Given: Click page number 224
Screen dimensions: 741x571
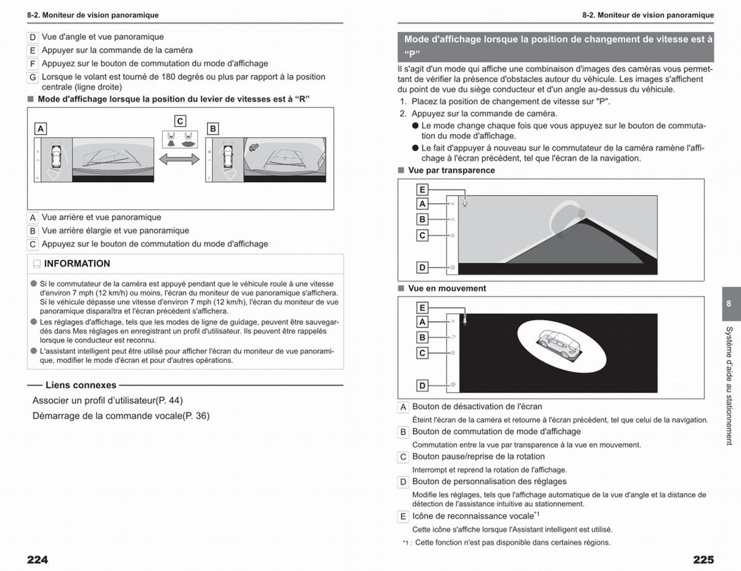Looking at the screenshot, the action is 38,559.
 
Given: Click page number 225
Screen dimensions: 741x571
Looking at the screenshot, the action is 703,559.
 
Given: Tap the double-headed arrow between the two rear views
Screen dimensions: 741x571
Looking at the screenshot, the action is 179,159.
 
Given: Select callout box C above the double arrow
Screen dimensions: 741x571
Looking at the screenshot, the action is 180,121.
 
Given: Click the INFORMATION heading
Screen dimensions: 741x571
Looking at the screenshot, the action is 77,264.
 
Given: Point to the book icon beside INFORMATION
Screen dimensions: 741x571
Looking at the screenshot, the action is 37,264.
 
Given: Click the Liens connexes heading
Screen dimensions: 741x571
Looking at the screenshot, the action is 81,385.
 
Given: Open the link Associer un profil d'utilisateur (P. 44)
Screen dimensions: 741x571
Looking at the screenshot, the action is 107,400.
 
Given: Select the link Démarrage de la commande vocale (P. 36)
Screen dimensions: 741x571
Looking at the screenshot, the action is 121,416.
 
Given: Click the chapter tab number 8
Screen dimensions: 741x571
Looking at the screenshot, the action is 729,303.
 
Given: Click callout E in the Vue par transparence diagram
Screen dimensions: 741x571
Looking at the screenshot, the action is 422,190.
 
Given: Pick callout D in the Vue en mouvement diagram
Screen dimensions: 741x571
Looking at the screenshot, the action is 422,386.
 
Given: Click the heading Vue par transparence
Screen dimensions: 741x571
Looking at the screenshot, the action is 451,170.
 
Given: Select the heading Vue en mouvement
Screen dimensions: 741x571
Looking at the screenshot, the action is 447,288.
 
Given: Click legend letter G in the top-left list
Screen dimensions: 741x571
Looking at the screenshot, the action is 33,77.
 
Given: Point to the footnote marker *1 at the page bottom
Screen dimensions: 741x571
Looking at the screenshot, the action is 407,543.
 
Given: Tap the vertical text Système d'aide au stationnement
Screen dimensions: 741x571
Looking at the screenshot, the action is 729,386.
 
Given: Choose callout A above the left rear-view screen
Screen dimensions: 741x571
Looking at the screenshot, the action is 41,129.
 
